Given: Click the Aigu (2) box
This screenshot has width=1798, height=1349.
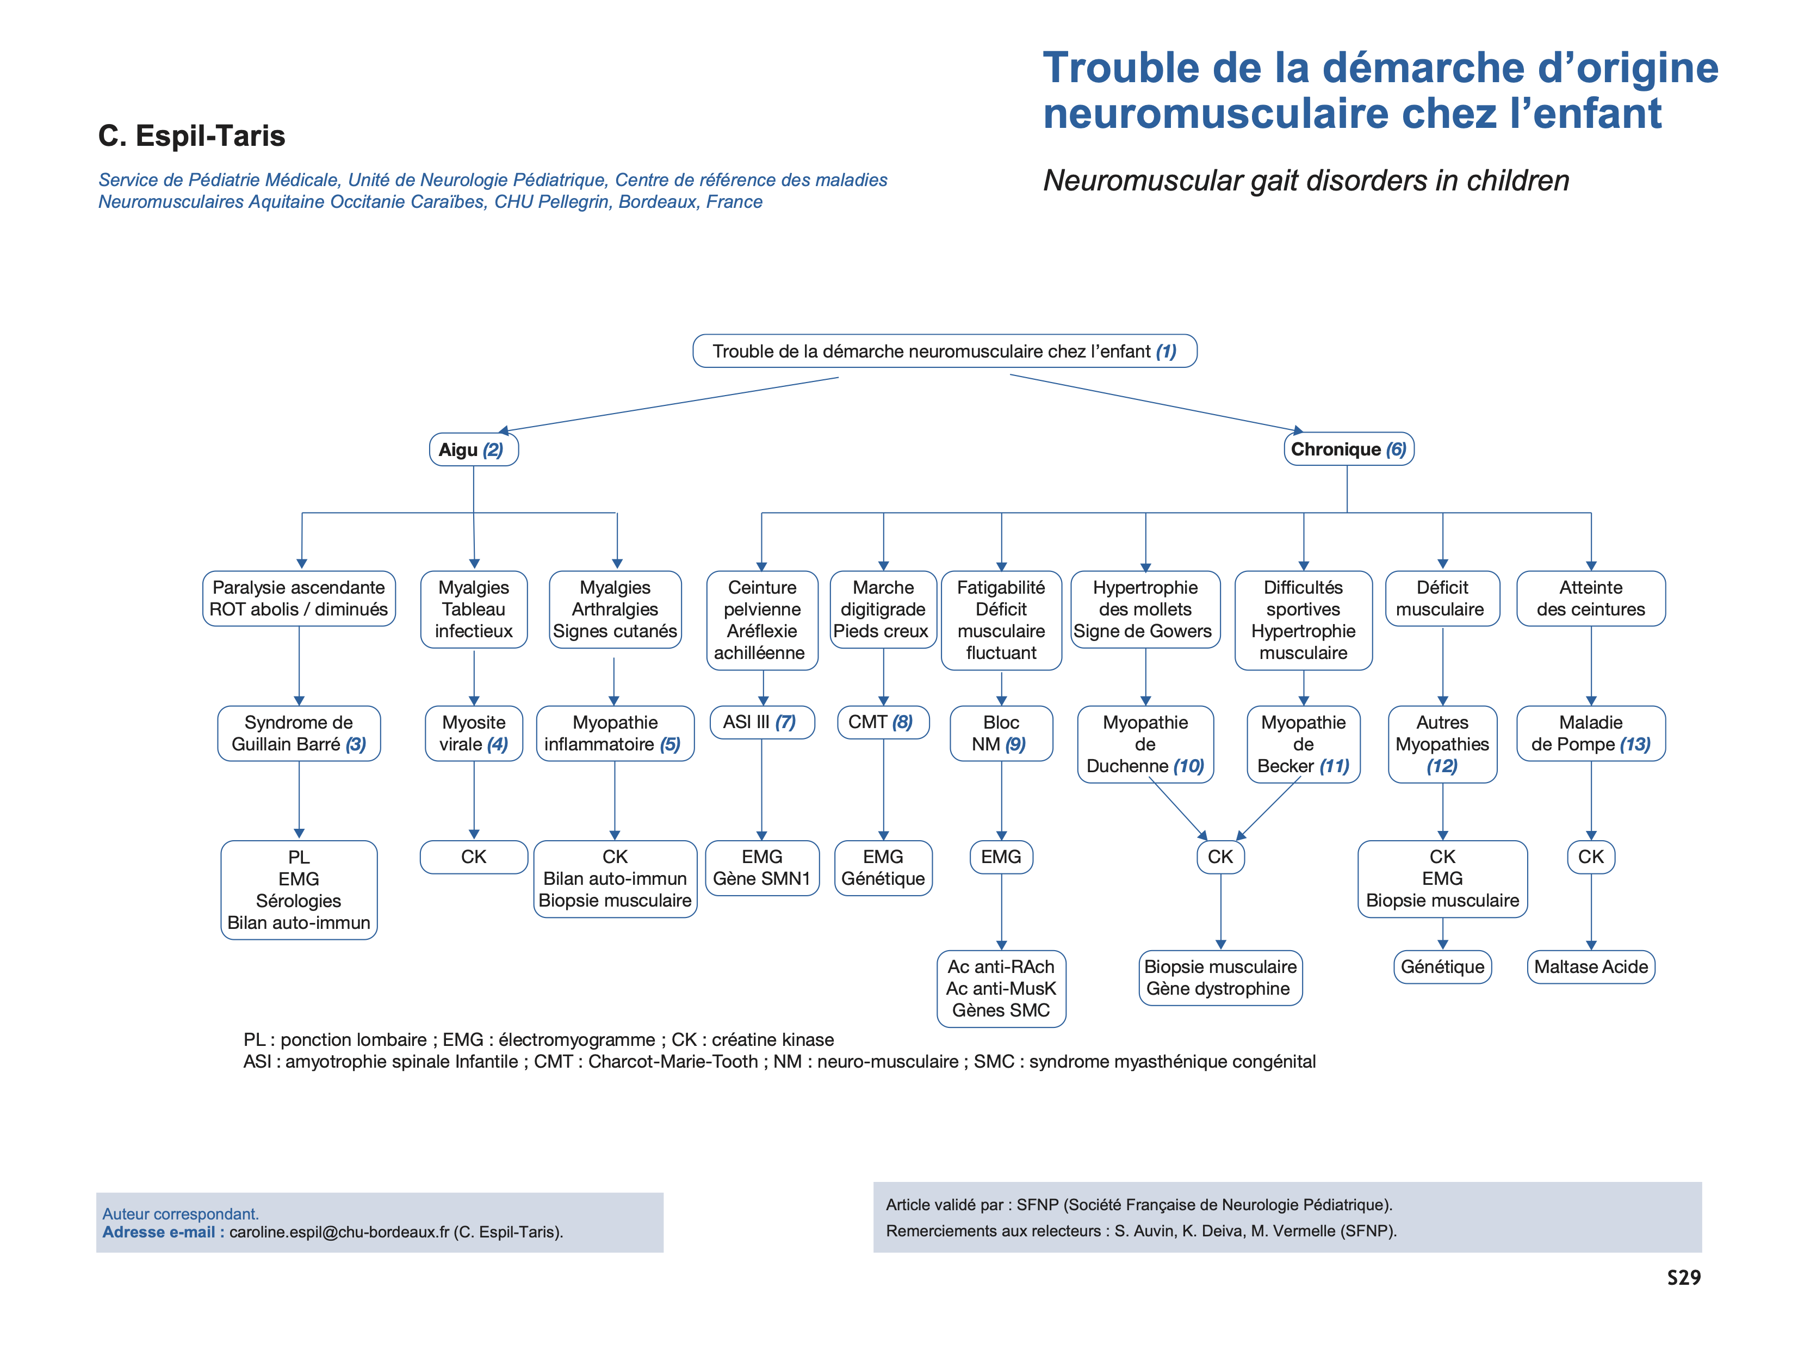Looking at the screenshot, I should click(x=473, y=449).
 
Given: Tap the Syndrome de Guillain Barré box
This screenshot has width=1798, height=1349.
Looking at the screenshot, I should click(x=299, y=734).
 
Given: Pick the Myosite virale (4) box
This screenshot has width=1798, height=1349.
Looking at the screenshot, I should click(x=473, y=734).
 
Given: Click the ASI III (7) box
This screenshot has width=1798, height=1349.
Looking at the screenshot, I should click(x=761, y=722).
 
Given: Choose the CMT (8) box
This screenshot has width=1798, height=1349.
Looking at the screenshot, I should click(x=882, y=722).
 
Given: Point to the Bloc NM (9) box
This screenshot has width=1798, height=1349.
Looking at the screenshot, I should click(x=1001, y=734).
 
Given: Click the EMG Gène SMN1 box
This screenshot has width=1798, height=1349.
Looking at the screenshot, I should click(x=761, y=867).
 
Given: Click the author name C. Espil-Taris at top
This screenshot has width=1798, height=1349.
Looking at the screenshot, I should click(x=192, y=136).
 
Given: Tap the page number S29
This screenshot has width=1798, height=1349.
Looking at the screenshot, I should click(x=1683, y=1278).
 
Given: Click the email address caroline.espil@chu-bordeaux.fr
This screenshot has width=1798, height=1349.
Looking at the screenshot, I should click(x=338, y=1232).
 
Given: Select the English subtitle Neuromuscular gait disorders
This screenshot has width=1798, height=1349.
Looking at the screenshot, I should click(x=1305, y=181).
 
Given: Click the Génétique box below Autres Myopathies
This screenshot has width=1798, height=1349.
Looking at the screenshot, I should click(x=1442, y=967).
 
